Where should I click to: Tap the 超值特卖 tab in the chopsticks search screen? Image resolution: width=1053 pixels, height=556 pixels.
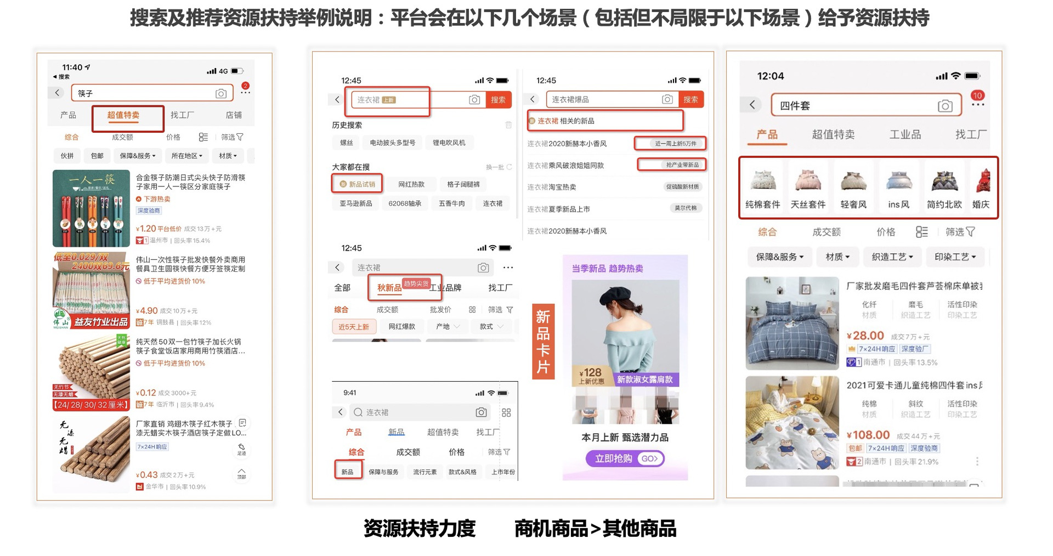123,115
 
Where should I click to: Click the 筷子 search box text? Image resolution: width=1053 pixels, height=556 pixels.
86,94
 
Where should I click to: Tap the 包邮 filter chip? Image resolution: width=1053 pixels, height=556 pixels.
97,156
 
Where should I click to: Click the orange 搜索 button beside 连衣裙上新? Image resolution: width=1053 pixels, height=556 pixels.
498,100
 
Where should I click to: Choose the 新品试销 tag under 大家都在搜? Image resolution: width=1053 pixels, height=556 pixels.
358,184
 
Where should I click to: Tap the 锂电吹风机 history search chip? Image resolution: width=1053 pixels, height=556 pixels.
449,143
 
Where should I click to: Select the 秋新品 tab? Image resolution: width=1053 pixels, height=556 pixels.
389,288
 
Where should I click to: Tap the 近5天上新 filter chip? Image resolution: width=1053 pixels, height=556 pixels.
353,327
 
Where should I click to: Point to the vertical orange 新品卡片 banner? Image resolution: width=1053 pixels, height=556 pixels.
543,342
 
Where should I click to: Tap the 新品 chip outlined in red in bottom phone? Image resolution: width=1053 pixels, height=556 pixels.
348,472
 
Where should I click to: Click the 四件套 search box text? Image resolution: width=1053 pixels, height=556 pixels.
795,106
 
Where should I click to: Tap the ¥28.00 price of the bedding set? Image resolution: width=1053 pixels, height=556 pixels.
865,336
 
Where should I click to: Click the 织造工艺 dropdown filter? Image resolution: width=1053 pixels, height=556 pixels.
892,257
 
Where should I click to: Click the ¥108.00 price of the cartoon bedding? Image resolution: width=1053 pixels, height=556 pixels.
868,435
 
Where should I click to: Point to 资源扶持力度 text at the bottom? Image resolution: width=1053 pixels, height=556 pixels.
420,528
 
